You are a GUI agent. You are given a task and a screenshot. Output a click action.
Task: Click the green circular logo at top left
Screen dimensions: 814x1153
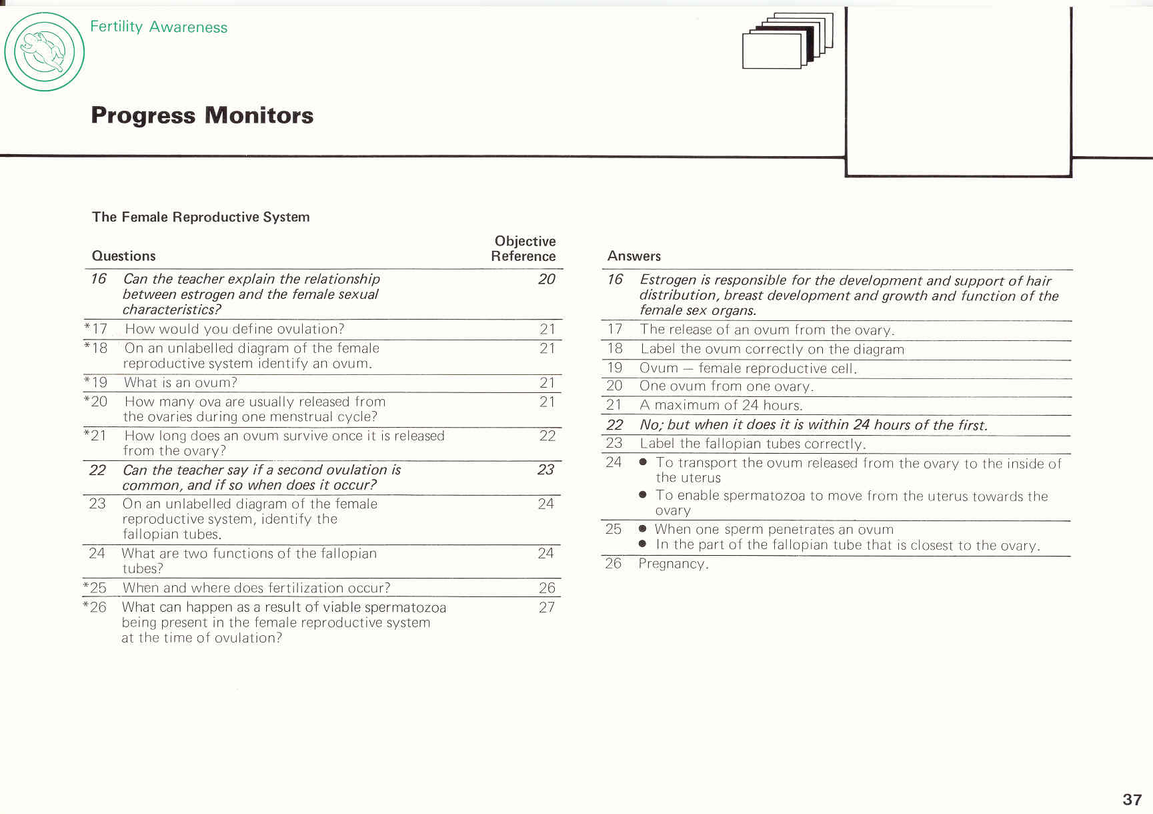pyautogui.click(x=45, y=52)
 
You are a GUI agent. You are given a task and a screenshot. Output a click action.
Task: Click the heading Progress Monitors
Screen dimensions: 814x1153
pyautogui.click(x=202, y=115)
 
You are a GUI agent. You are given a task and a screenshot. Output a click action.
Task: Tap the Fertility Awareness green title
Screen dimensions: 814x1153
pyautogui.click(x=159, y=27)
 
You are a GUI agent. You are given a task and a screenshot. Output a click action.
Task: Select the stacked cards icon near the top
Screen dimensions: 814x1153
pyautogui.click(x=787, y=41)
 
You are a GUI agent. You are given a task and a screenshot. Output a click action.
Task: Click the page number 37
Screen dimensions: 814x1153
pyautogui.click(x=1132, y=799)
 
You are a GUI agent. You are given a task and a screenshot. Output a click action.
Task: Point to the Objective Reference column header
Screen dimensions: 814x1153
pyautogui.click(x=524, y=249)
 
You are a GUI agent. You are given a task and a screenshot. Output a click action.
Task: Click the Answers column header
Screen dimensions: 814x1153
pyautogui.click(x=634, y=256)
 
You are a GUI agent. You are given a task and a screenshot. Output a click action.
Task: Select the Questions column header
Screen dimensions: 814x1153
pyautogui.click(x=123, y=256)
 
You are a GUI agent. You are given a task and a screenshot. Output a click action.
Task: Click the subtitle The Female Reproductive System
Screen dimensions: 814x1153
pyautogui.click(x=201, y=217)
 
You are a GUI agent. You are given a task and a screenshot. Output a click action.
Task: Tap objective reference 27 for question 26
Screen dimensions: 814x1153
pyautogui.click(x=547, y=607)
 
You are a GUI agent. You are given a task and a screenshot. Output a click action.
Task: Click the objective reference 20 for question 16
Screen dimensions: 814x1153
pyautogui.click(x=547, y=280)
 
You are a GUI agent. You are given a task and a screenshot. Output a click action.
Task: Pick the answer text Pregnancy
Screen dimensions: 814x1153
pyautogui.click(x=673, y=564)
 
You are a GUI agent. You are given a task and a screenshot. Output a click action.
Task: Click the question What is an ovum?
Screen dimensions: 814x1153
pyautogui.click(x=180, y=383)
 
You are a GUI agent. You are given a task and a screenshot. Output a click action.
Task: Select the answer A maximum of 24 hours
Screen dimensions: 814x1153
pyautogui.click(x=720, y=405)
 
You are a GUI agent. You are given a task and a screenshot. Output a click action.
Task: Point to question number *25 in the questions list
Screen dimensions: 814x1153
pyautogui.click(x=95, y=588)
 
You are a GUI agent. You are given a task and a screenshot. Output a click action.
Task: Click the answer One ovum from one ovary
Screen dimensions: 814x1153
pyautogui.click(x=726, y=386)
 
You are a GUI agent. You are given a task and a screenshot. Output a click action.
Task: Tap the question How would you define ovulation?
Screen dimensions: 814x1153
pyautogui.click(x=234, y=329)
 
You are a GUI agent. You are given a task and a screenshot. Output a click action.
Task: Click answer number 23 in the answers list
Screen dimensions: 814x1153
pyautogui.click(x=614, y=443)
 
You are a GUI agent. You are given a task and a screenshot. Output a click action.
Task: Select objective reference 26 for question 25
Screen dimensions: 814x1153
pyautogui.click(x=547, y=588)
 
